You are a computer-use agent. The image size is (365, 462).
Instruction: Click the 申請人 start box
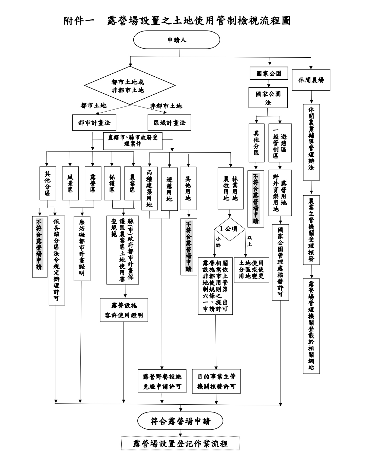click(x=177, y=40)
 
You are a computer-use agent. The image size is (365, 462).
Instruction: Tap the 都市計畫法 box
click(x=94, y=123)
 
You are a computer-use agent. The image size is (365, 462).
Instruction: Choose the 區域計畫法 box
click(x=169, y=123)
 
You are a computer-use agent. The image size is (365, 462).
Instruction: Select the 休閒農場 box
click(x=311, y=80)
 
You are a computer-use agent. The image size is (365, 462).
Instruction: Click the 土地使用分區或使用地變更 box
click(x=251, y=269)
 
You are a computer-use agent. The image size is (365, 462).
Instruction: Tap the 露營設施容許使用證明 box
click(x=124, y=310)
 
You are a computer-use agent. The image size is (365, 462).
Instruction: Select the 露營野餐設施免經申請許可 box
click(x=162, y=381)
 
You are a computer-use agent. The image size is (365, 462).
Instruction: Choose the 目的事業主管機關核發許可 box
click(x=216, y=381)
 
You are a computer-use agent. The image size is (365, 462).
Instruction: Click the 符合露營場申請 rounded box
click(x=180, y=421)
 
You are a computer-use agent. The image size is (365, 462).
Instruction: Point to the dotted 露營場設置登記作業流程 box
click(x=180, y=443)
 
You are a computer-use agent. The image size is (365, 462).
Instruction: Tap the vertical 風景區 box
click(x=70, y=183)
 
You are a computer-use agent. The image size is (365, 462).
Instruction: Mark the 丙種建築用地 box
click(x=150, y=189)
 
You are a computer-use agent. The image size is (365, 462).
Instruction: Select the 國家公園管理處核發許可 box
click(x=280, y=262)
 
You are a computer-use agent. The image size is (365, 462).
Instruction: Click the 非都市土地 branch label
click(x=166, y=106)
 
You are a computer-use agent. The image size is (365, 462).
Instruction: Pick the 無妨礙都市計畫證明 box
click(x=82, y=248)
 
